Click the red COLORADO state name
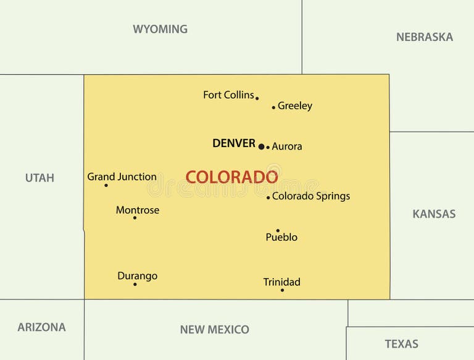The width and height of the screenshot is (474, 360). [231, 177]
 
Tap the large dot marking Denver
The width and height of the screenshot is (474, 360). [261, 146]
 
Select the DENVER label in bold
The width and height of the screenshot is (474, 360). [233, 143]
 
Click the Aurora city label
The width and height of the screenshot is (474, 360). [287, 146]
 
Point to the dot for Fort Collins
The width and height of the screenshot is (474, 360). [257, 98]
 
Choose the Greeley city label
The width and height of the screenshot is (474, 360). [295, 106]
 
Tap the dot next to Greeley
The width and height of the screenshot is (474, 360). [273, 107]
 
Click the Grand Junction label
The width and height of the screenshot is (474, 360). [122, 177]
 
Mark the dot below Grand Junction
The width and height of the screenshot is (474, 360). [106, 185]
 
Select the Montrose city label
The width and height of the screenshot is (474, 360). [137, 210]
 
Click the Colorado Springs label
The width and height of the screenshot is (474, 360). [311, 196]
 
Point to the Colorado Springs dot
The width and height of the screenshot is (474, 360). [268, 198]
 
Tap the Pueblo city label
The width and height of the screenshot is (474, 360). [281, 237]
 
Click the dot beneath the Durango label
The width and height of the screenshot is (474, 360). [135, 284]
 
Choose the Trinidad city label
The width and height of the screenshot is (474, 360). [281, 282]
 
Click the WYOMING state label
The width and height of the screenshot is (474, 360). [160, 29]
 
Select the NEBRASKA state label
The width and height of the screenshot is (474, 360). [424, 37]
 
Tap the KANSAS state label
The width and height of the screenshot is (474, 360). [434, 214]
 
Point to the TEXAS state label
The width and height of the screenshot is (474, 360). [401, 344]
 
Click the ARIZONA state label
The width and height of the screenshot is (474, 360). [41, 327]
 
